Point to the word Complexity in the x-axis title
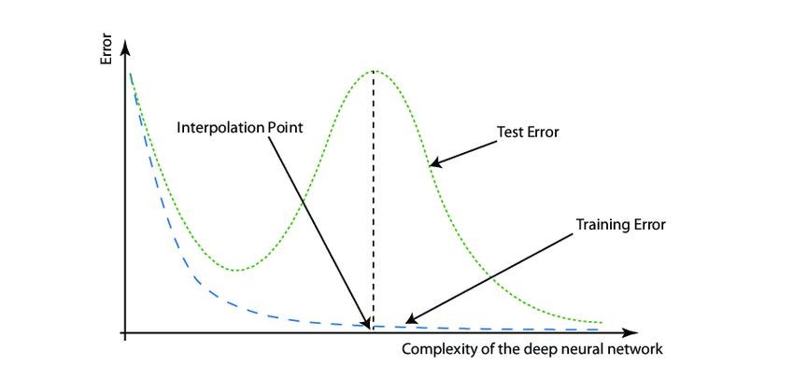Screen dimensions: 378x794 tap(438, 351)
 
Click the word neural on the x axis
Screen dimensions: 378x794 tap(585, 351)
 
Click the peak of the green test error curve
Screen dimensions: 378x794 tap(374, 71)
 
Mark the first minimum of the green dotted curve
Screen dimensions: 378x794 tap(238, 271)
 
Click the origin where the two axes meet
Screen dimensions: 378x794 tap(124, 332)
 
